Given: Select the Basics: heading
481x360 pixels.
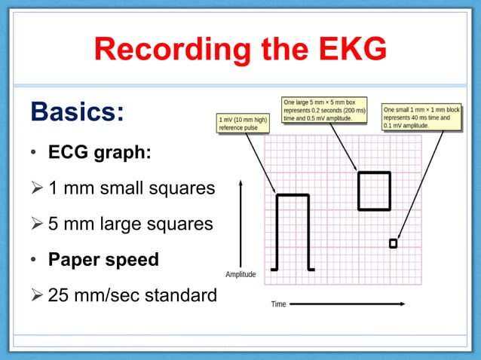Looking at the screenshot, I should (78, 112).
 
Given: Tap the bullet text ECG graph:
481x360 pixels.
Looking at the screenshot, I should (100, 152).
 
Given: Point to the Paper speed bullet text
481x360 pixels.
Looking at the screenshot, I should (103, 259).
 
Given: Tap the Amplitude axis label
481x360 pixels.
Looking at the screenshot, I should (240, 274).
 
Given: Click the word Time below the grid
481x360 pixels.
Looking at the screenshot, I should (278, 304).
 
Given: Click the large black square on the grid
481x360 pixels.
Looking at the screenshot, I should (374, 191).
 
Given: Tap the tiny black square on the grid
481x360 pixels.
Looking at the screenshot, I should (393, 243).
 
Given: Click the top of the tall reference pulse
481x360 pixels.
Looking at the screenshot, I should (293, 196).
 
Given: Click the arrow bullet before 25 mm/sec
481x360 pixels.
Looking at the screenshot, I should (38, 295).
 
